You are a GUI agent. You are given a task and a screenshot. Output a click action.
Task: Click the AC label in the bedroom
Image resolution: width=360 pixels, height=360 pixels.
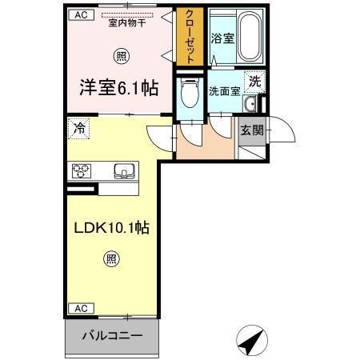click(79, 14)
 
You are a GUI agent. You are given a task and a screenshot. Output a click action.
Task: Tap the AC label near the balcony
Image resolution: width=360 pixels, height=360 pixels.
click(79, 308)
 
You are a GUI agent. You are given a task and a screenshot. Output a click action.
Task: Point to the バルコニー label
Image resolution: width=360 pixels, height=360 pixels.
click(113, 335)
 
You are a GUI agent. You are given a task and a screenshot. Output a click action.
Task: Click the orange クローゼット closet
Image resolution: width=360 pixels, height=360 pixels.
click(190, 37)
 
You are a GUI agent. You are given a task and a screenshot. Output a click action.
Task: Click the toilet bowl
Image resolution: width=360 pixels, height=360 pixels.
click(189, 98)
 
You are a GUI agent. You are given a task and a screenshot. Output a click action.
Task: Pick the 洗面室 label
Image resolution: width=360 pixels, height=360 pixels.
click(225, 90)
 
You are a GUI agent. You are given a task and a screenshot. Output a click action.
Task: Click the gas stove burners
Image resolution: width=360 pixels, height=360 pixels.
click(82, 170)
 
